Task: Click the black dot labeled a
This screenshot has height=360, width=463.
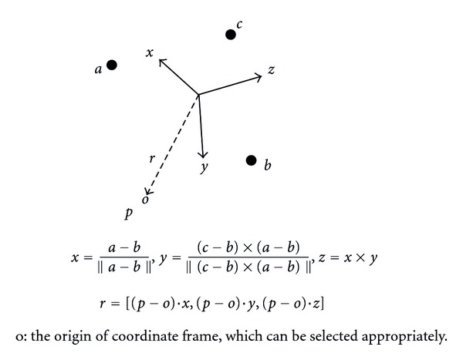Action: (x=112, y=66)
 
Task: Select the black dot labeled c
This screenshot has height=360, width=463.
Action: (x=230, y=34)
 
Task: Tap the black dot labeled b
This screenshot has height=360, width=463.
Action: (x=251, y=160)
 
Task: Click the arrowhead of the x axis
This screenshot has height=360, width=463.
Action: (x=161, y=62)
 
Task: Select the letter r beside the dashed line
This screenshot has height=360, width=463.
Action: (x=153, y=159)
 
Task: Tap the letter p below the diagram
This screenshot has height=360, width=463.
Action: (x=128, y=211)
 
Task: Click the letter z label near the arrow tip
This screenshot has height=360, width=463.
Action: (x=272, y=70)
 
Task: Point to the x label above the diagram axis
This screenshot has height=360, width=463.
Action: (x=150, y=52)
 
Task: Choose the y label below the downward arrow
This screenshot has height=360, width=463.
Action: (x=204, y=169)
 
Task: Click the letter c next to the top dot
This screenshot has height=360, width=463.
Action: (x=240, y=25)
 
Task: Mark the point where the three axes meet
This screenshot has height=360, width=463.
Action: (x=199, y=95)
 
